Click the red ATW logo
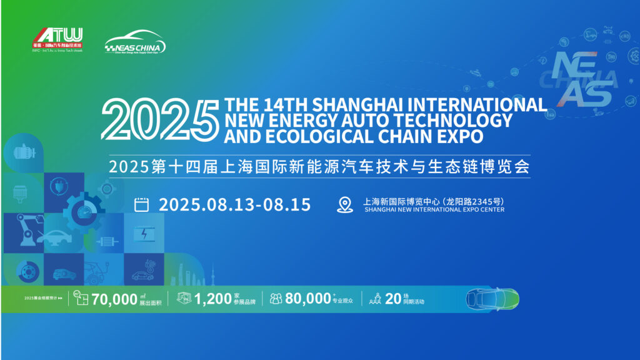[57, 36]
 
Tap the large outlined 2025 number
[159, 121]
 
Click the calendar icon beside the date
[142, 204]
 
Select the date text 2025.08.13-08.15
[235, 204]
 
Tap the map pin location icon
[345, 204]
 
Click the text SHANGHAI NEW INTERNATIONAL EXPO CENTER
[434, 210]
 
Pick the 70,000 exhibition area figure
[114, 299]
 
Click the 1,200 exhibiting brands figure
[213, 299]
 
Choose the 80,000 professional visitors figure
[307, 299]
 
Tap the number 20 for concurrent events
[393, 299]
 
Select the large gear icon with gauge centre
[82, 211]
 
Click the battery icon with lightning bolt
[144, 234]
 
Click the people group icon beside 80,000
[276, 299]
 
